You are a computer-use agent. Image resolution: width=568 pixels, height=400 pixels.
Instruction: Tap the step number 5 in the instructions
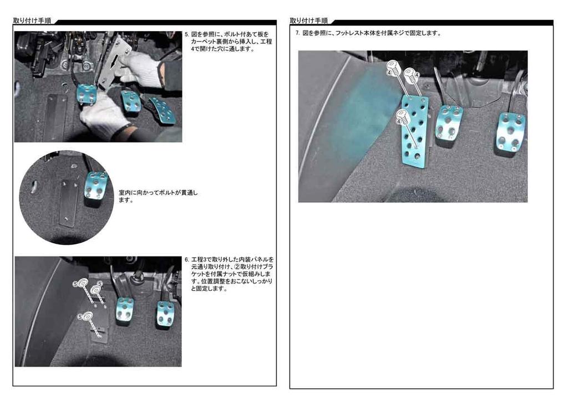click(186, 35)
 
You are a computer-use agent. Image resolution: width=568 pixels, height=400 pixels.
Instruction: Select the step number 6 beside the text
click(186, 260)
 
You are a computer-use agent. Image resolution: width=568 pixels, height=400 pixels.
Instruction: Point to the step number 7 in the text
click(297, 33)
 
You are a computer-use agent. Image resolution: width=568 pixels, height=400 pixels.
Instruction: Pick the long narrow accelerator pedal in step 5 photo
click(164, 110)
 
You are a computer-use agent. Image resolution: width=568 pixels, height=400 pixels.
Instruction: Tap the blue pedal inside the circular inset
click(96, 185)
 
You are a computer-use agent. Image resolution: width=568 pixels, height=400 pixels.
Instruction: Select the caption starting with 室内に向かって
click(158, 196)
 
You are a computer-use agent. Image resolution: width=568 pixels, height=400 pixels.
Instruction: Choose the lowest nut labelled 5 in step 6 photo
click(87, 317)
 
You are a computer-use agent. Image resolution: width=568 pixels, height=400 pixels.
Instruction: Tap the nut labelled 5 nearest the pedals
click(96, 290)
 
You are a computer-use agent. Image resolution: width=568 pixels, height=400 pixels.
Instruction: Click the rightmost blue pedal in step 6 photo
click(165, 314)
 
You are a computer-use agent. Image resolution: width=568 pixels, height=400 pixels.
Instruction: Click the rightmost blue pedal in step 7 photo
click(510, 134)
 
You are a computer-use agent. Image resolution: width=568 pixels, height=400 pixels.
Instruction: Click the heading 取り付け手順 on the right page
click(309, 20)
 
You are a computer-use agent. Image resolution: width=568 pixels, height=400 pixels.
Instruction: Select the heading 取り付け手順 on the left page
click(32, 20)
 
